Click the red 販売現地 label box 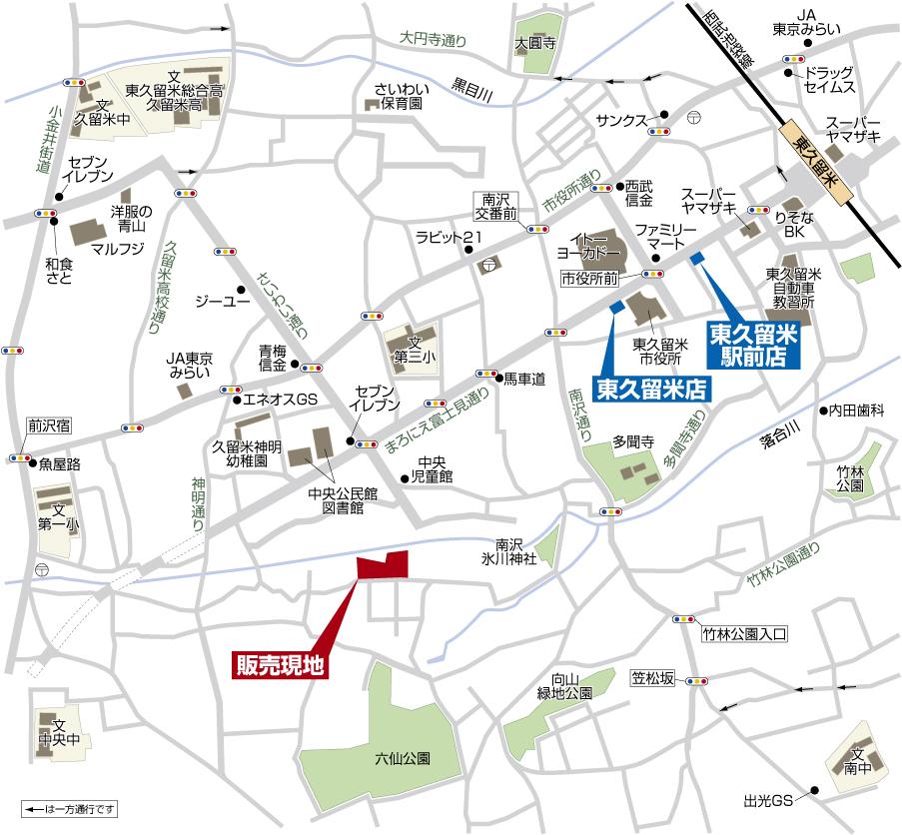click(281, 665)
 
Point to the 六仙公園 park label click(403, 759)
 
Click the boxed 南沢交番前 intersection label click(496, 206)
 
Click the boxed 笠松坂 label click(653, 680)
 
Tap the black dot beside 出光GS click(816, 794)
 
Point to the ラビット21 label click(450, 237)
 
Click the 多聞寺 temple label click(632, 439)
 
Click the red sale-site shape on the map click(383, 565)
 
